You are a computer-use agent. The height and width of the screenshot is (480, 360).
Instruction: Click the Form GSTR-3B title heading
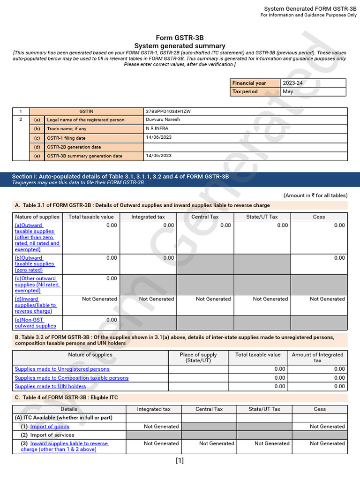point(180,38)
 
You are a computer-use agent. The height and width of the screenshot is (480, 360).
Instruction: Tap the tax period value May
point(288,91)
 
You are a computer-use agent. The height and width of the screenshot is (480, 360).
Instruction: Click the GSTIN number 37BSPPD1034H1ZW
point(168,112)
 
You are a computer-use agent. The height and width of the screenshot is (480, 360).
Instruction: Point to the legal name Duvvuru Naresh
point(163,120)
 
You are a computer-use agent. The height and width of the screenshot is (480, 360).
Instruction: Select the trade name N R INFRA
point(157,128)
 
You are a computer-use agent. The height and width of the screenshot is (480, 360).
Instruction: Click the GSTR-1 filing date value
point(158,138)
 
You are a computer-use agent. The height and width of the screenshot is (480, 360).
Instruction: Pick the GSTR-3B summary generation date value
point(158,156)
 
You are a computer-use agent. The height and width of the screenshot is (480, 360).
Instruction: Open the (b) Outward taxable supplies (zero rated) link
point(34,264)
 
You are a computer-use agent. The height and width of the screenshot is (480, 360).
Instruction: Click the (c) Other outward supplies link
point(37,285)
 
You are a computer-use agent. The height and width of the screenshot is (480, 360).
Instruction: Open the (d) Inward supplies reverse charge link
point(33,305)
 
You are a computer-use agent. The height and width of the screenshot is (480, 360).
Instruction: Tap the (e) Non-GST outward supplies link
point(35,322)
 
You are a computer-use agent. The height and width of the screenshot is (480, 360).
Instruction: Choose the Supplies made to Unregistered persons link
point(62,369)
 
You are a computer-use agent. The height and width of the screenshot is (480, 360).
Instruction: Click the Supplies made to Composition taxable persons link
point(71,378)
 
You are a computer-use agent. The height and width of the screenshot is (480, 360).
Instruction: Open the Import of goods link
point(50,427)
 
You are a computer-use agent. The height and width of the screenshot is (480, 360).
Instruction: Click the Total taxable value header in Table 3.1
point(91,217)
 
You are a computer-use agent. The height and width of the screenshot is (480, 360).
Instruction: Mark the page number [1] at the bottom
point(180,461)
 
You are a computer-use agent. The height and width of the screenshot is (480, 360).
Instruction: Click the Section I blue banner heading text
point(120,177)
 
